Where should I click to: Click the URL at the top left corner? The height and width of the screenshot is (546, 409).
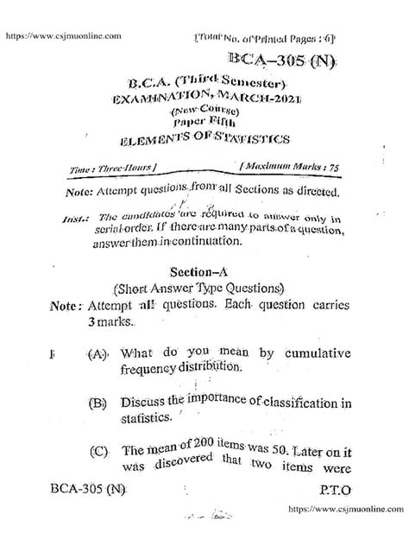tap(63, 36)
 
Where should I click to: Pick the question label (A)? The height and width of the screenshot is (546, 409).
tap(98, 353)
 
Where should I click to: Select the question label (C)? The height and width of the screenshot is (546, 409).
tap(98, 450)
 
